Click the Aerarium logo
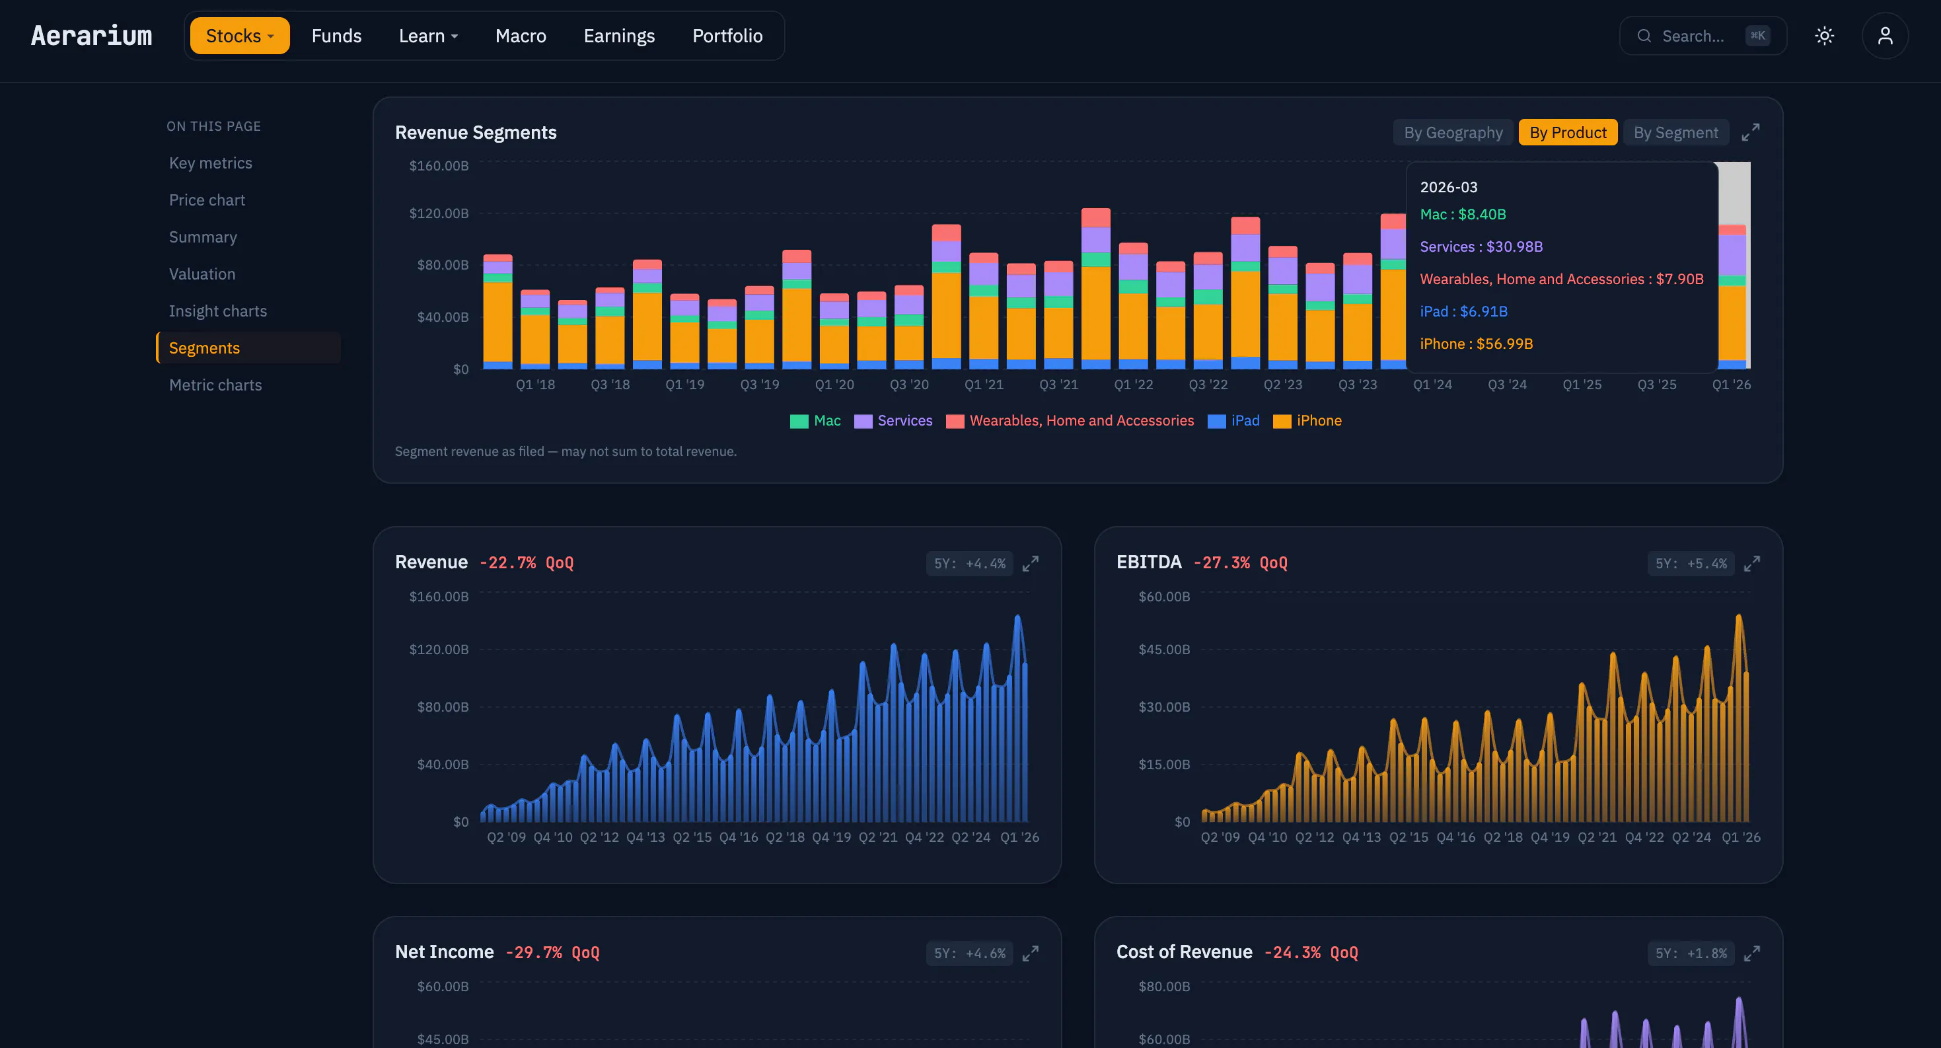(91, 36)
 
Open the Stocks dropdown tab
(240, 36)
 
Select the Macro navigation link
(521, 36)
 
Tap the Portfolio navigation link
(727, 36)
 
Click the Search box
(1703, 36)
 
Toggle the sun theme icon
(1824, 36)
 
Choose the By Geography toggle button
(1453, 133)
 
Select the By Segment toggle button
(1676, 133)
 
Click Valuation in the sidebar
(202, 274)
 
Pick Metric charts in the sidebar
(215, 385)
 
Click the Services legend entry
(894, 420)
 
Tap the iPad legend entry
(1233, 420)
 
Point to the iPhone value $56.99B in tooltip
(1505, 344)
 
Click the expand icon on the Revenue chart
(1030, 564)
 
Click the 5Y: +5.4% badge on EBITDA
(1691, 564)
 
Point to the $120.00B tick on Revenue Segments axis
(439, 213)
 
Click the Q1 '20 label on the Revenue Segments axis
(834, 385)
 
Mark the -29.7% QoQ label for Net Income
(552, 952)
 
